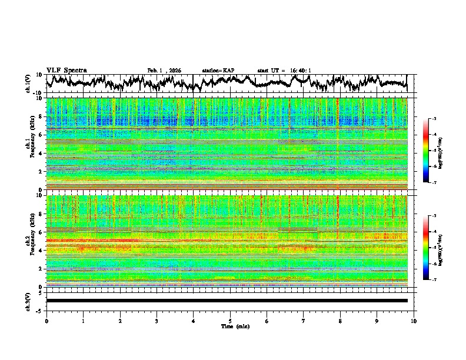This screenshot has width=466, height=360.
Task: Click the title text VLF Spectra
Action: click(66, 70)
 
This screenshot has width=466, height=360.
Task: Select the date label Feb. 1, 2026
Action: click(164, 71)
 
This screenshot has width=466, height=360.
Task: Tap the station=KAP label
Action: click(218, 71)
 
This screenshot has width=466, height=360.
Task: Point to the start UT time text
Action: click(284, 71)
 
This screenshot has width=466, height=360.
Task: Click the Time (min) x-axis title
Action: click(230, 326)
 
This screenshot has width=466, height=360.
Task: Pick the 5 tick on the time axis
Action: click(230, 321)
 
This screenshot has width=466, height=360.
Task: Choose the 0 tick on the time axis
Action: click(46, 321)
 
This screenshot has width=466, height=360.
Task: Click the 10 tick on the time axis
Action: click(414, 321)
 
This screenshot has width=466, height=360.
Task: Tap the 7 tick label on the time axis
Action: click(304, 321)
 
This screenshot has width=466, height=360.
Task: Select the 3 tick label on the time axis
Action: click(157, 321)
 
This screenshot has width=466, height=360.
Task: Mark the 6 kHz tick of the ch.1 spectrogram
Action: click(40, 135)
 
